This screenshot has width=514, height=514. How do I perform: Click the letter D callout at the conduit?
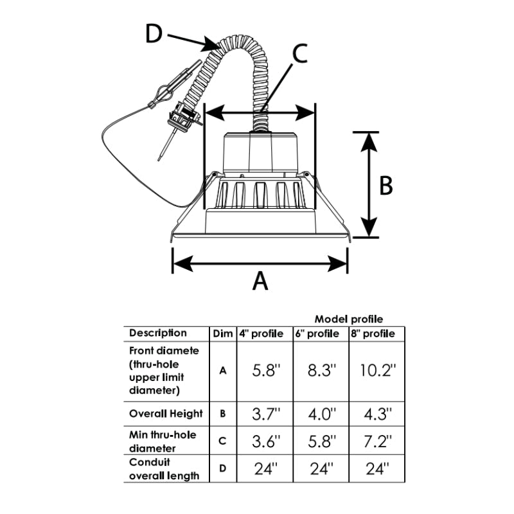coord(154,34)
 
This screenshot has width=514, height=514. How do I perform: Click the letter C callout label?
coord(299,53)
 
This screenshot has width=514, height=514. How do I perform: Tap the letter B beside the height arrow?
coord(385,186)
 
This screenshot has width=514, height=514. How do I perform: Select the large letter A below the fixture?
coord(260,281)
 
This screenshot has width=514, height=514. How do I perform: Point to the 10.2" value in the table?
coord(377,371)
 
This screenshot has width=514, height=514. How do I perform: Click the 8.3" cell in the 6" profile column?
coord(322,371)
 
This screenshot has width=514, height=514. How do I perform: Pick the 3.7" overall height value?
coord(266,414)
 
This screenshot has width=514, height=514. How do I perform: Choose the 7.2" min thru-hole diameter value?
coord(378,441)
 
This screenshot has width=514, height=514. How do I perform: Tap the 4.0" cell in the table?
coord(322,414)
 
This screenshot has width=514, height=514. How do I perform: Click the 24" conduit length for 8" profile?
coord(377,469)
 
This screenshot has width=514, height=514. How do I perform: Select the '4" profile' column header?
coord(261,333)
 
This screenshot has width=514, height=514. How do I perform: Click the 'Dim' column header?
coord(223,333)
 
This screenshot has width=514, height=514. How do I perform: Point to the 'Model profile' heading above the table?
coord(349,319)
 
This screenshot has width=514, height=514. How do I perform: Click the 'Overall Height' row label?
coord(166,414)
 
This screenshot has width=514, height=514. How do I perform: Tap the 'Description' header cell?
coord(157,333)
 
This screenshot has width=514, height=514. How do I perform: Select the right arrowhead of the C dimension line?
coord(305,113)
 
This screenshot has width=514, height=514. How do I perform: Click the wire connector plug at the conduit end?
coord(184,118)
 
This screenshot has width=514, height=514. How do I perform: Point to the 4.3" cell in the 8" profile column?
coord(378,414)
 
